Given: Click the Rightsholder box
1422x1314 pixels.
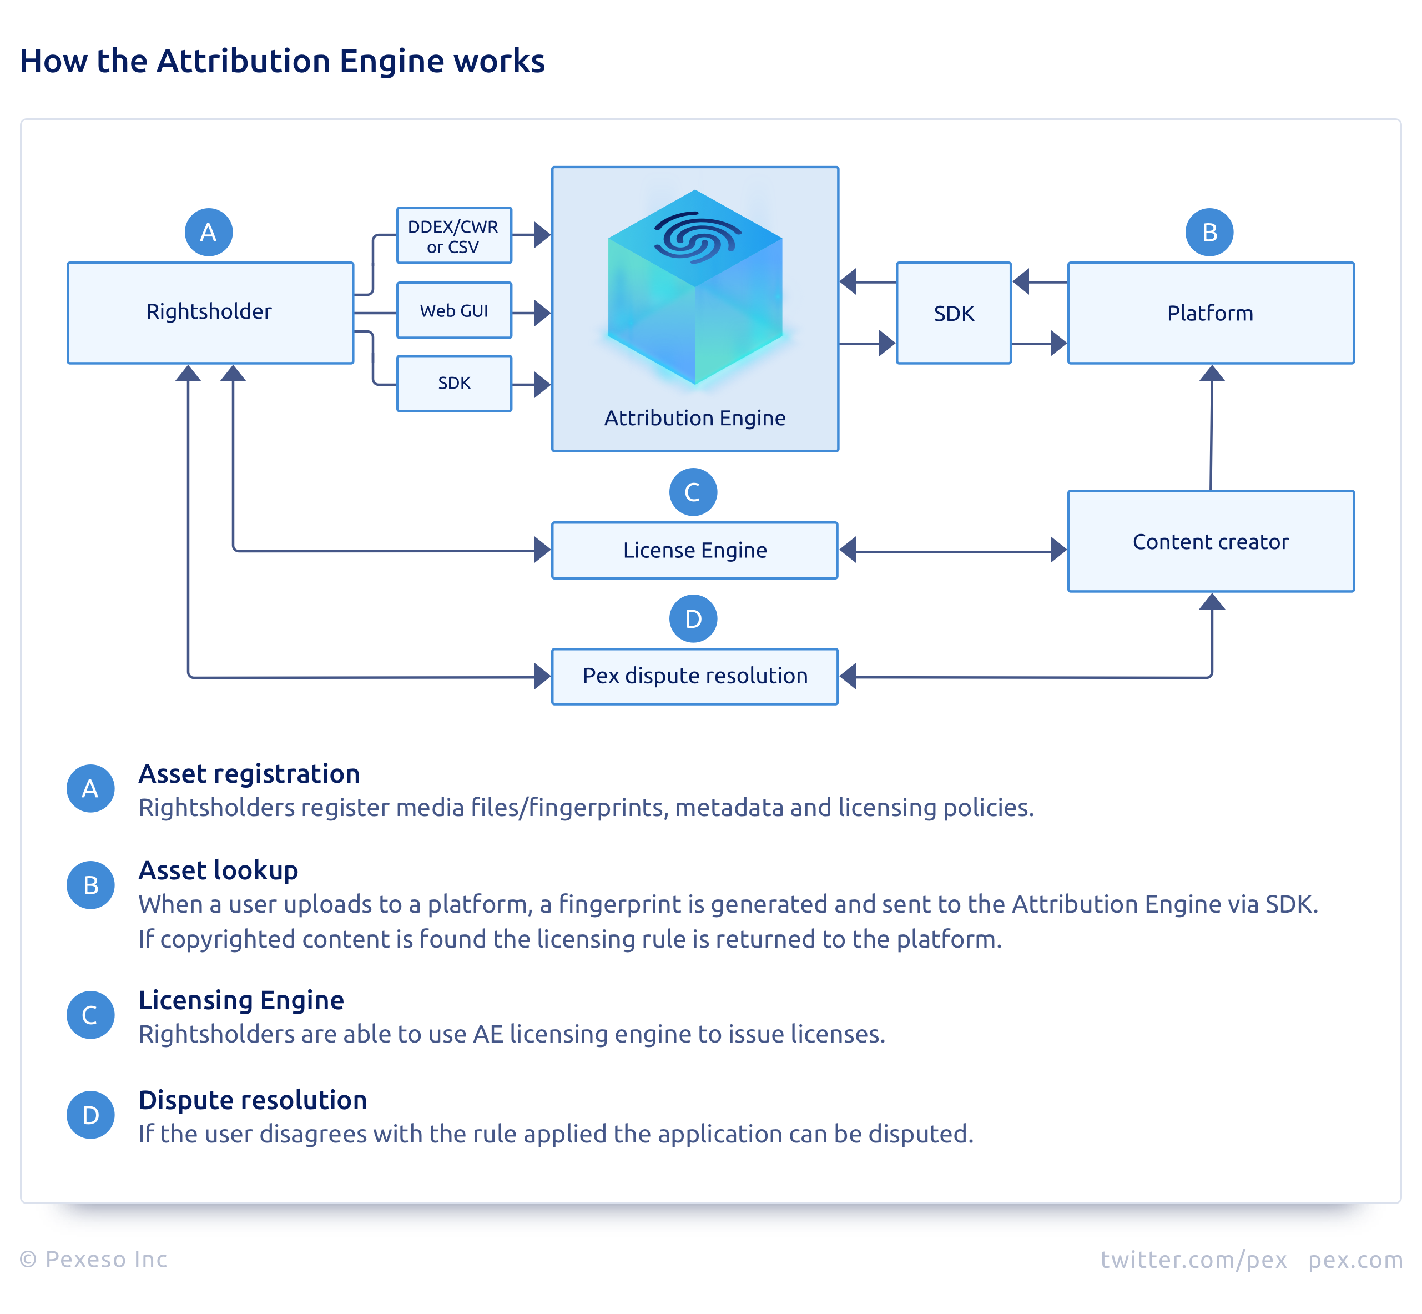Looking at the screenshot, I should (210, 313).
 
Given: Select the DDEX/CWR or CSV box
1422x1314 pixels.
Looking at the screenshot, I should (453, 236).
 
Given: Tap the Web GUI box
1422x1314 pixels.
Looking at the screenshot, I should (453, 311).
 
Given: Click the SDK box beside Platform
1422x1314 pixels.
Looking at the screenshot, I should (954, 313).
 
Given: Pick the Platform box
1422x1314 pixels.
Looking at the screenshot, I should (1210, 313).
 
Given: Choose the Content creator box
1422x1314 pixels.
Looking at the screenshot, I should (1210, 541).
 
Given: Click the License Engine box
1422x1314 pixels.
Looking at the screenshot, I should (695, 550).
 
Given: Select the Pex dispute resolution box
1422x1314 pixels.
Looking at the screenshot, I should (695, 676).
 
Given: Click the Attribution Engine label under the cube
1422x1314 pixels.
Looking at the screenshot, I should (695, 418).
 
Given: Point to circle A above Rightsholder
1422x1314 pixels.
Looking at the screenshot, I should (208, 233).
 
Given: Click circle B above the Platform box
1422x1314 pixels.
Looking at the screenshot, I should (1209, 233).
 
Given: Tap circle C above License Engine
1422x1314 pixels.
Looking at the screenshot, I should (693, 492).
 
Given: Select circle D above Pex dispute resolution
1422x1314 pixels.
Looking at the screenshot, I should (693, 618).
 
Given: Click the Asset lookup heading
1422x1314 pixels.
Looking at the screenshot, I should (218, 870).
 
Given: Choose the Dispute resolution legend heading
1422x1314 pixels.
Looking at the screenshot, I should (253, 1100).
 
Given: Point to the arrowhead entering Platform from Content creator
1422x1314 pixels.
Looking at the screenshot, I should (1212, 374).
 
